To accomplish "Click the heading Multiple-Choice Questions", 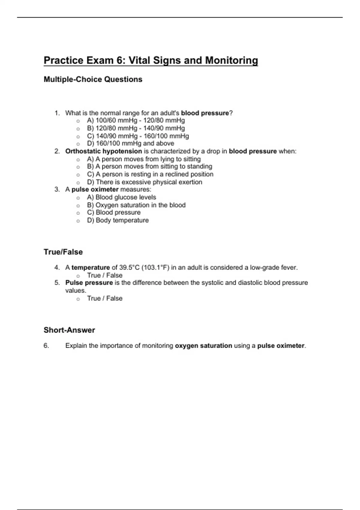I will [93, 79].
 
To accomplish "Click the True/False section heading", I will [63, 252].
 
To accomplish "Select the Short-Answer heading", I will [69, 330].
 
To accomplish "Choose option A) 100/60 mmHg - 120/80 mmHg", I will [136, 121].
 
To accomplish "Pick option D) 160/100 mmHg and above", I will [130, 143].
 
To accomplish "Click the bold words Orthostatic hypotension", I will [103, 151].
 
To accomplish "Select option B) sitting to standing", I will [149, 166].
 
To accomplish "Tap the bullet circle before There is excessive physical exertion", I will [78, 182].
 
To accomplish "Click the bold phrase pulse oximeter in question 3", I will [95, 190].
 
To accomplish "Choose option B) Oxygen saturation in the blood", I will [136, 205].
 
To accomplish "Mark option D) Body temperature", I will [118, 220].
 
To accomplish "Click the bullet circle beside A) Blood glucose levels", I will [78, 198].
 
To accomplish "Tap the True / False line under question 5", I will [104, 298].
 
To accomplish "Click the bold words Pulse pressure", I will [89, 283].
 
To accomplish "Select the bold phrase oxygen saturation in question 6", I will [203, 346].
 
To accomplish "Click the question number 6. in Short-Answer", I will [46, 346].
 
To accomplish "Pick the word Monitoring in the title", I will [231, 60].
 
